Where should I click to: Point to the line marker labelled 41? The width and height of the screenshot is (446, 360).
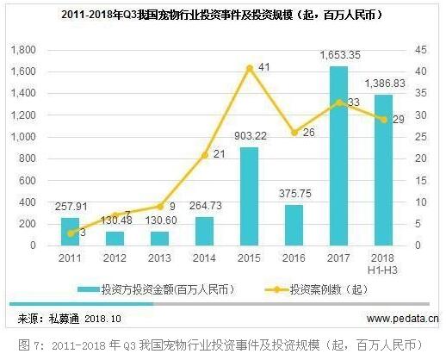(250, 67)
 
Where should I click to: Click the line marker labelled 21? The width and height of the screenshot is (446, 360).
(204, 155)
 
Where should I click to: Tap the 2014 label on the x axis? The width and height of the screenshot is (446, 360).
(204, 258)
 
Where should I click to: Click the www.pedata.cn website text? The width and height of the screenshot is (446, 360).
(394, 319)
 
